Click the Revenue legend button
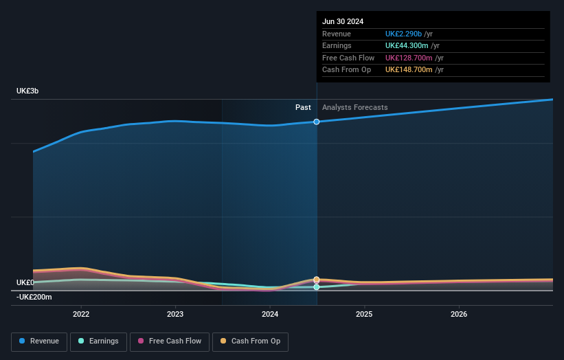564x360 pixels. [x=40, y=341]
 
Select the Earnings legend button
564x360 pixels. [x=98, y=341]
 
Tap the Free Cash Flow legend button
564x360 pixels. [x=168, y=341]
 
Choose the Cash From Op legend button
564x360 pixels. [x=251, y=341]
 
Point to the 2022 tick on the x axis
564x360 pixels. [x=81, y=314]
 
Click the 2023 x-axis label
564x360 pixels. [x=175, y=314]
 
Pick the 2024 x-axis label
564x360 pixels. [x=270, y=314]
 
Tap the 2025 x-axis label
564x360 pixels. [x=364, y=314]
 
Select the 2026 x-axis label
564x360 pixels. [x=459, y=314]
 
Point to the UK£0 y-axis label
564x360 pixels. [x=25, y=282]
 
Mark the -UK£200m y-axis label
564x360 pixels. [x=34, y=297]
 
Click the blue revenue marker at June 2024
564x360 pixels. [x=317, y=122]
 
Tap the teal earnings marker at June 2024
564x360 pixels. [x=317, y=287]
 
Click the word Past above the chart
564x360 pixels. [x=303, y=107]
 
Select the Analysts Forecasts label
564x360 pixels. [x=354, y=107]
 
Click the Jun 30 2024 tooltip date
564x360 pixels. [x=343, y=21]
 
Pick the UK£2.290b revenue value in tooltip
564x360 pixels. [x=404, y=34]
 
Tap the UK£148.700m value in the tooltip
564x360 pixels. [x=409, y=69]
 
